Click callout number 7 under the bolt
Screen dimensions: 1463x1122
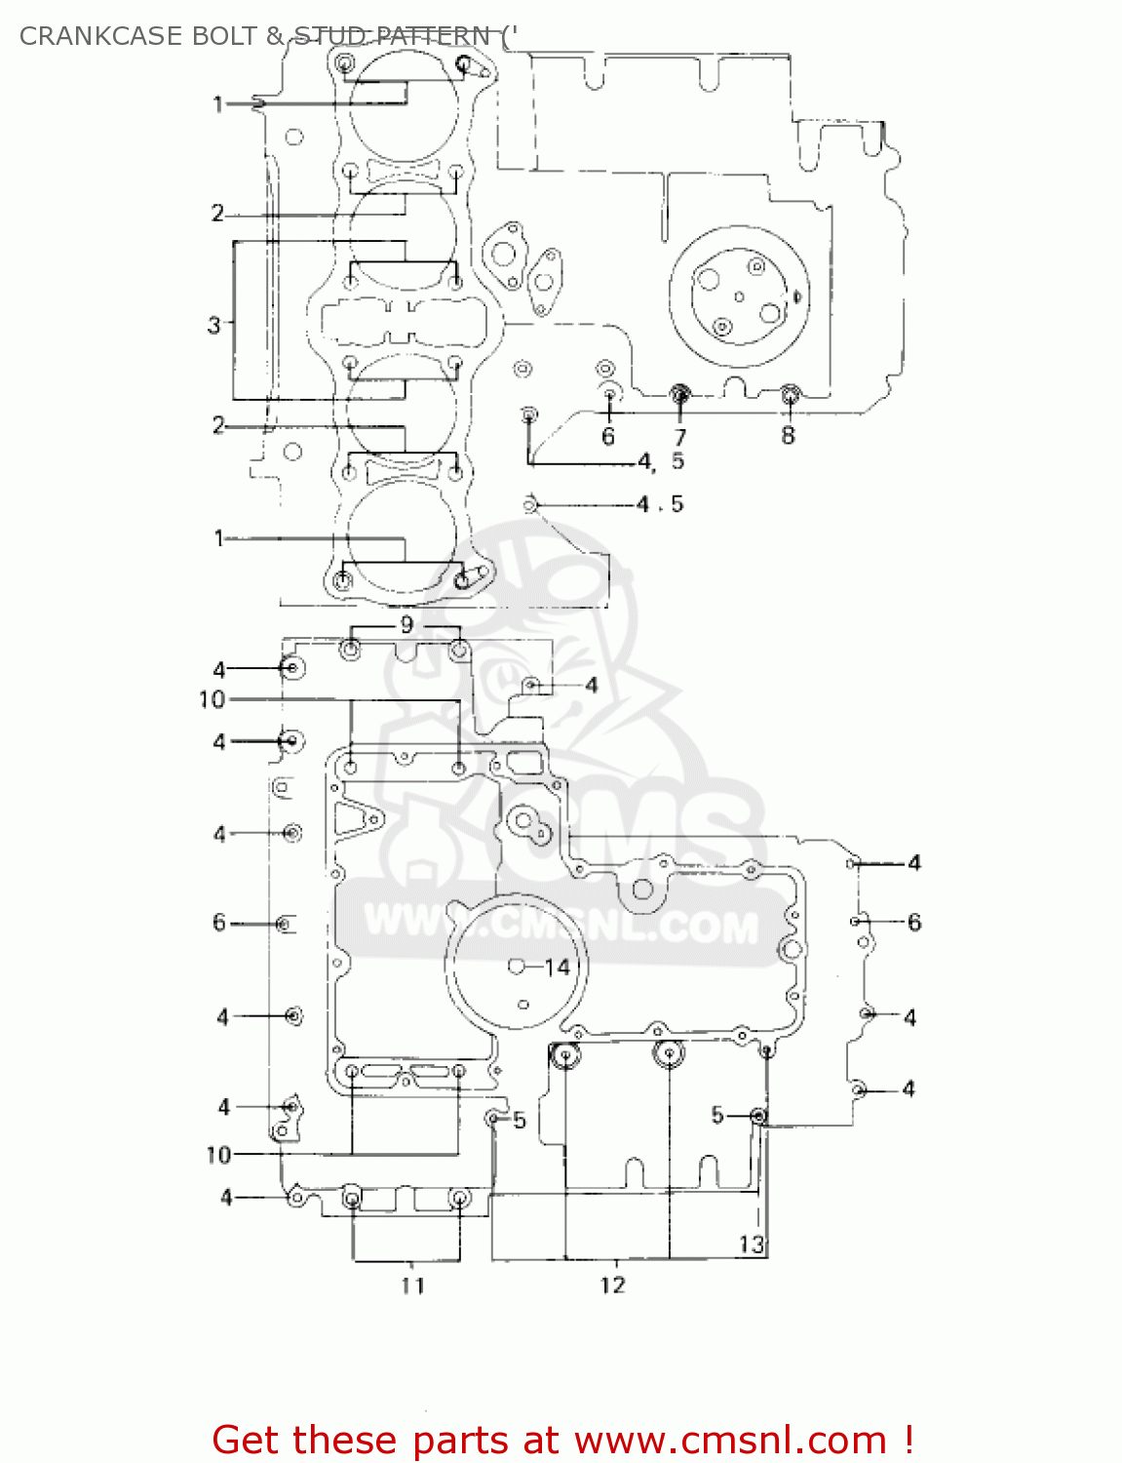coord(679,437)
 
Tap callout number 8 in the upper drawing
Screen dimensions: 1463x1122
coord(788,435)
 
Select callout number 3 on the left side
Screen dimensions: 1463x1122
coord(214,324)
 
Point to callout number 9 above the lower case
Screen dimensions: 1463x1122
coord(406,624)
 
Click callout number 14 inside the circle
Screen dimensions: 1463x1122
coord(557,967)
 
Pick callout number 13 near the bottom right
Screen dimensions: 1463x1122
coord(751,1244)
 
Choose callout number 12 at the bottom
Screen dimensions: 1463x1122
coord(612,1285)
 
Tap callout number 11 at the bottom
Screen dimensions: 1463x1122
coord(412,1285)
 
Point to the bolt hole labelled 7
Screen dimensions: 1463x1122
coord(679,395)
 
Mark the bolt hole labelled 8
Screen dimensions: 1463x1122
coord(790,395)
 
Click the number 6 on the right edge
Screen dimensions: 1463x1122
coord(913,922)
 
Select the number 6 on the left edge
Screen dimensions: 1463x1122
coord(219,922)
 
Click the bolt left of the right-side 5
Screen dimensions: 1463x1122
coord(758,1115)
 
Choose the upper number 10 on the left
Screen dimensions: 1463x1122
coord(212,699)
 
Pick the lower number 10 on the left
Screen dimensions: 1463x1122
coord(218,1155)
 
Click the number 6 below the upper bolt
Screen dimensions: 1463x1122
coord(608,436)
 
